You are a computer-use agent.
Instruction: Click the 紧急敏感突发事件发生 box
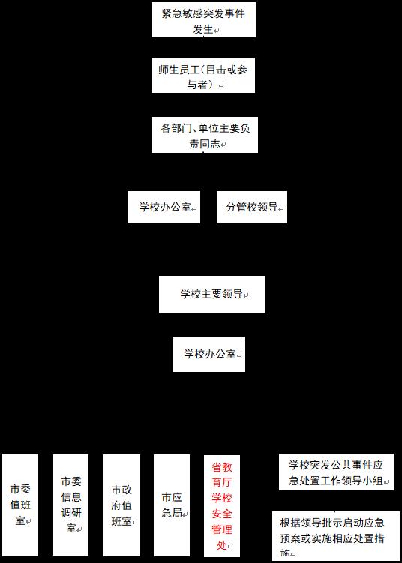pos(203,19)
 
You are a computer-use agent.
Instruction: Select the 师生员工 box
pos(203,75)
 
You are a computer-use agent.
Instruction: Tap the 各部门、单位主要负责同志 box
pos(205,135)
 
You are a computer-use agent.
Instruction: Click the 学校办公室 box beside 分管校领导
pos(163,207)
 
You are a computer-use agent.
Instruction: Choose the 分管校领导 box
pos(252,207)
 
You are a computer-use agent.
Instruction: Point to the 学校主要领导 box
pos(212,294)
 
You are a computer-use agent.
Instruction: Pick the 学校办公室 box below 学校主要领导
pos(208,354)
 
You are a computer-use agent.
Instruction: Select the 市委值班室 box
pos(20,505)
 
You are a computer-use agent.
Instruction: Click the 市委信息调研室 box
pos(70,505)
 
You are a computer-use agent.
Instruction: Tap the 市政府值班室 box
pos(121,505)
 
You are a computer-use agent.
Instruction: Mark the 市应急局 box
pos(172,505)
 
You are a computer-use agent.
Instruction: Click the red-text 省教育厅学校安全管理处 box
pos(222,506)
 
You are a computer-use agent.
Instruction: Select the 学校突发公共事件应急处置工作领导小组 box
pos(336,472)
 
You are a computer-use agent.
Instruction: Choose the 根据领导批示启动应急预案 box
pos(336,536)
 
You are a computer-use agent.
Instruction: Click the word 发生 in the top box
pos(203,30)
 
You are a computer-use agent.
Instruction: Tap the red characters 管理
pos(222,529)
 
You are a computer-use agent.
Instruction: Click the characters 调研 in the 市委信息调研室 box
pos(71,513)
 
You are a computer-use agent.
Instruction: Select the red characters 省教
pos(222,467)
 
